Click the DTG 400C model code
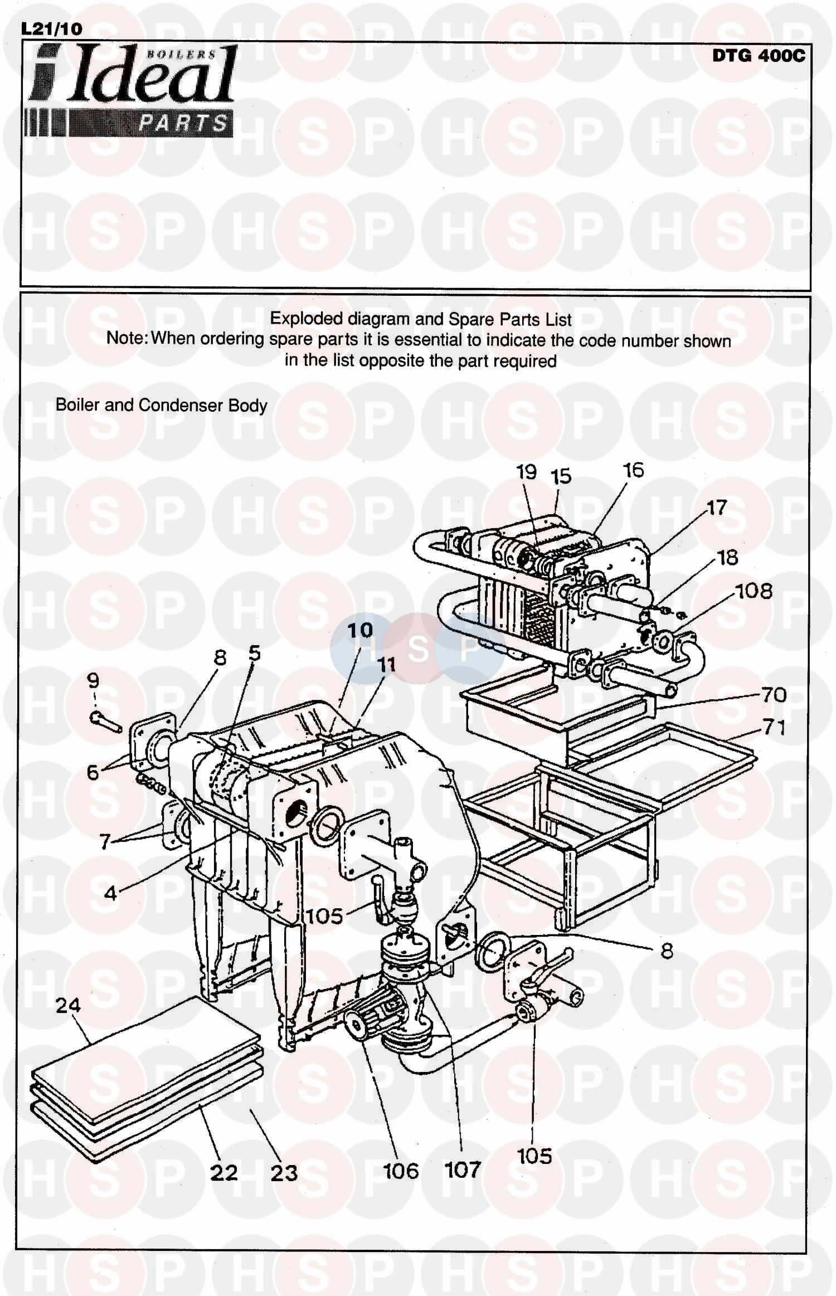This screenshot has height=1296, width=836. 758,56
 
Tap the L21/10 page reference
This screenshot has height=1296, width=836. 52,29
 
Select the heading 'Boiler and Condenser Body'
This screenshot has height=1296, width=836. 161,405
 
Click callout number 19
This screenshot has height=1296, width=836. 526,472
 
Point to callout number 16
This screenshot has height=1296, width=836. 634,470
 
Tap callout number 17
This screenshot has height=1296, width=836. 717,508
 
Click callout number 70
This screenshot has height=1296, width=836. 774,695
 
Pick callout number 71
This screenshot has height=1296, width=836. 774,727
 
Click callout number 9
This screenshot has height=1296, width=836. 93,680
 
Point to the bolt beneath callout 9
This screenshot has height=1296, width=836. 106,723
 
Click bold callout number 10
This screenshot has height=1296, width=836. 360,630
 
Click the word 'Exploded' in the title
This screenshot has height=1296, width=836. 307,319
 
